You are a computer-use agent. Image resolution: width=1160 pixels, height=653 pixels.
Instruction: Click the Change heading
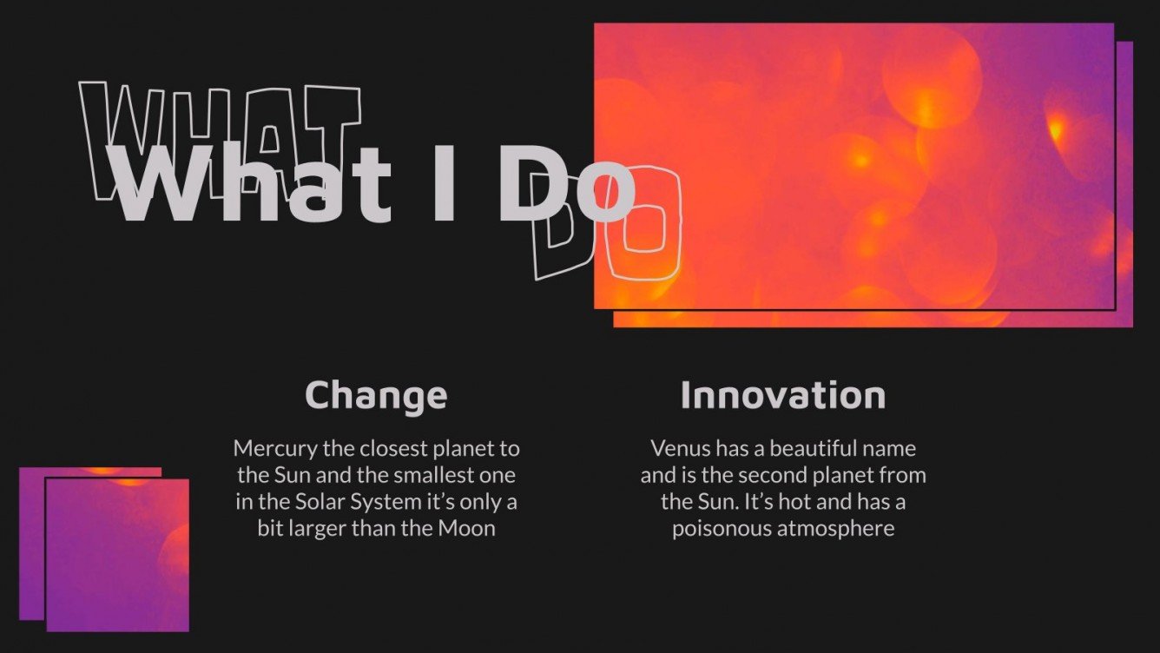pos(376,395)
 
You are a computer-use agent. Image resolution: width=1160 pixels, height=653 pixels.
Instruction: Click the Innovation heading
pos(782,395)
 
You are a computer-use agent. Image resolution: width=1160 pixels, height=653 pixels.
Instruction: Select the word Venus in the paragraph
pos(677,449)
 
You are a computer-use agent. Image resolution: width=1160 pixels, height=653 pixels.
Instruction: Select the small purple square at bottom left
pos(116,554)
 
